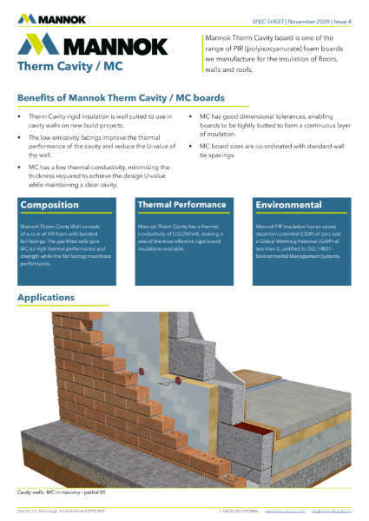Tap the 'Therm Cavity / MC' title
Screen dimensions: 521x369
pyautogui.click(x=58, y=66)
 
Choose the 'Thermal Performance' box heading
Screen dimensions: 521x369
pyautogui.click(x=181, y=205)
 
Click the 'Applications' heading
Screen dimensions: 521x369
pyautogui.click(x=51, y=299)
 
